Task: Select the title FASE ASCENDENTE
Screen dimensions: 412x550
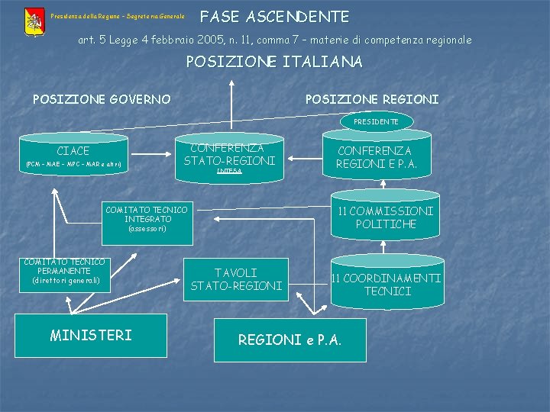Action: point(274,16)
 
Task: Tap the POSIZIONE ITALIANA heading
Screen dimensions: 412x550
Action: point(274,62)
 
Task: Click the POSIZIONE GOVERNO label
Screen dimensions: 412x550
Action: point(102,99)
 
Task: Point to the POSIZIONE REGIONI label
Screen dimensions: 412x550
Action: point(371,99)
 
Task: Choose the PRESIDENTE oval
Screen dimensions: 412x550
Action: point(375,121)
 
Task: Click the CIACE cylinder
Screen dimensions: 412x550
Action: point(73,156)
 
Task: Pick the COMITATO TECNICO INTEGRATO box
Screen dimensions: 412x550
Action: point(146,219)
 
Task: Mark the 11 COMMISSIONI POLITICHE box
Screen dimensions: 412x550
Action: point(385,217)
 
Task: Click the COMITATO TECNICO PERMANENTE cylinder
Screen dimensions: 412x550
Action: point(65,272)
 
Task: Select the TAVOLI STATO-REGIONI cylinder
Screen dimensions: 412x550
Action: point(236,279)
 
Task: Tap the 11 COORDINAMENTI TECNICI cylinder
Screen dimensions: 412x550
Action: point(386,285)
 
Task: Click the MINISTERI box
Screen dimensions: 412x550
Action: point(91,335)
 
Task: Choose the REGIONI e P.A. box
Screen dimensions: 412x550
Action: point(290,340)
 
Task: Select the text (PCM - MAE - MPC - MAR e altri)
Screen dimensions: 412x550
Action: point(73,165)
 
